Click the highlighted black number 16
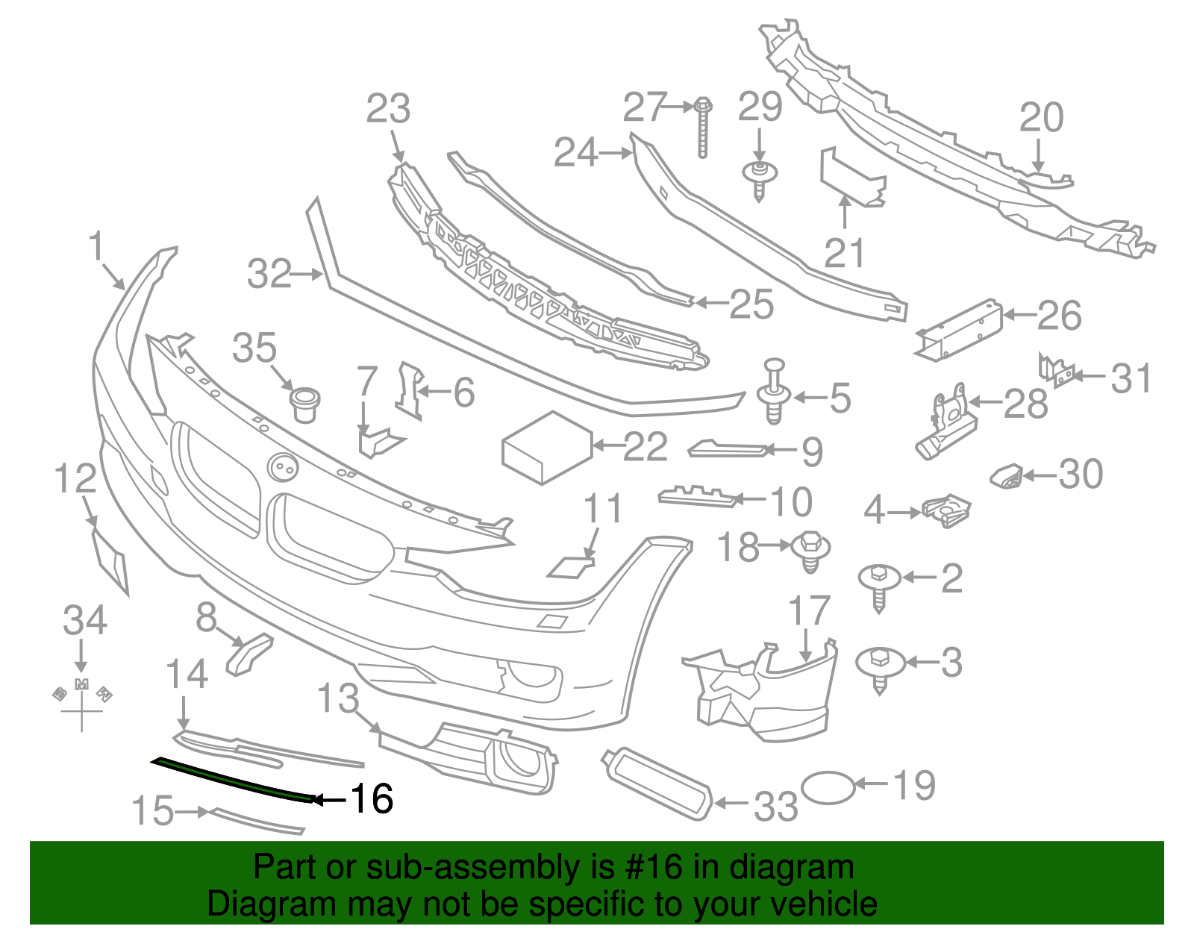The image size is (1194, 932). coord(372,799)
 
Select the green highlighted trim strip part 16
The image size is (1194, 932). coord(231,778)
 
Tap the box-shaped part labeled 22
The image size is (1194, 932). coord(548,448)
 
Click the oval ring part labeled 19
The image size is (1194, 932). coord(827,787)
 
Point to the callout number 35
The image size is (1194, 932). coord(254,348)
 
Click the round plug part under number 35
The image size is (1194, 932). coord(304,404)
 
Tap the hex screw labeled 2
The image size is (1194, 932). coord(878,587)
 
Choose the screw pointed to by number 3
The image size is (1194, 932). coord(879,669)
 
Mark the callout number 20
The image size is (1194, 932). coord(1041,118)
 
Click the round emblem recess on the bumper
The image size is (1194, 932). coord(283,468)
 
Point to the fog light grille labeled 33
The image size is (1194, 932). coord(657,784)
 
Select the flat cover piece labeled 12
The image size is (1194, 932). coord(110,560)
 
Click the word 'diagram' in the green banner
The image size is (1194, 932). coord(790,868)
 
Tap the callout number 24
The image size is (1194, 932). coord(575,153)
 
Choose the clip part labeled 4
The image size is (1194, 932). coord(946,510)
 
